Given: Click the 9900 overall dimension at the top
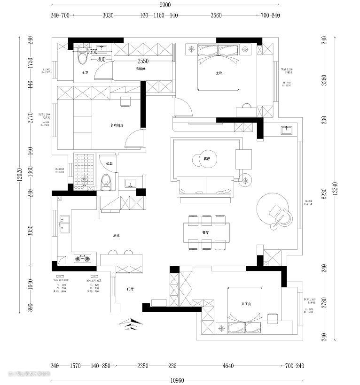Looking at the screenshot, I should tap(164, 5).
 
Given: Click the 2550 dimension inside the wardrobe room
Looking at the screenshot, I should tap(143, 61).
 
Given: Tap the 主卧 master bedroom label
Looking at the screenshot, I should tap(219, 73).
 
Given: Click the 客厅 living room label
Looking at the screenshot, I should tap(207, 159).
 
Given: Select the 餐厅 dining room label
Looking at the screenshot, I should tap(205, 232).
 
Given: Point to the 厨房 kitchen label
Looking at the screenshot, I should tap(117, 236).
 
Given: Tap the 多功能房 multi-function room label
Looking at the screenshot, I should tap(117, 125).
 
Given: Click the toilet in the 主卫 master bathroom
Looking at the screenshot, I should tap(83, 56).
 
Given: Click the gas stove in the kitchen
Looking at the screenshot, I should tap(83, 258).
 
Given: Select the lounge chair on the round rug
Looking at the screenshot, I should tap(282, 215).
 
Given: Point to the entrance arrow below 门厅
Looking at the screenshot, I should tap(130, 323).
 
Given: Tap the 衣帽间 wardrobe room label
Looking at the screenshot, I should tap(141, 69).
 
